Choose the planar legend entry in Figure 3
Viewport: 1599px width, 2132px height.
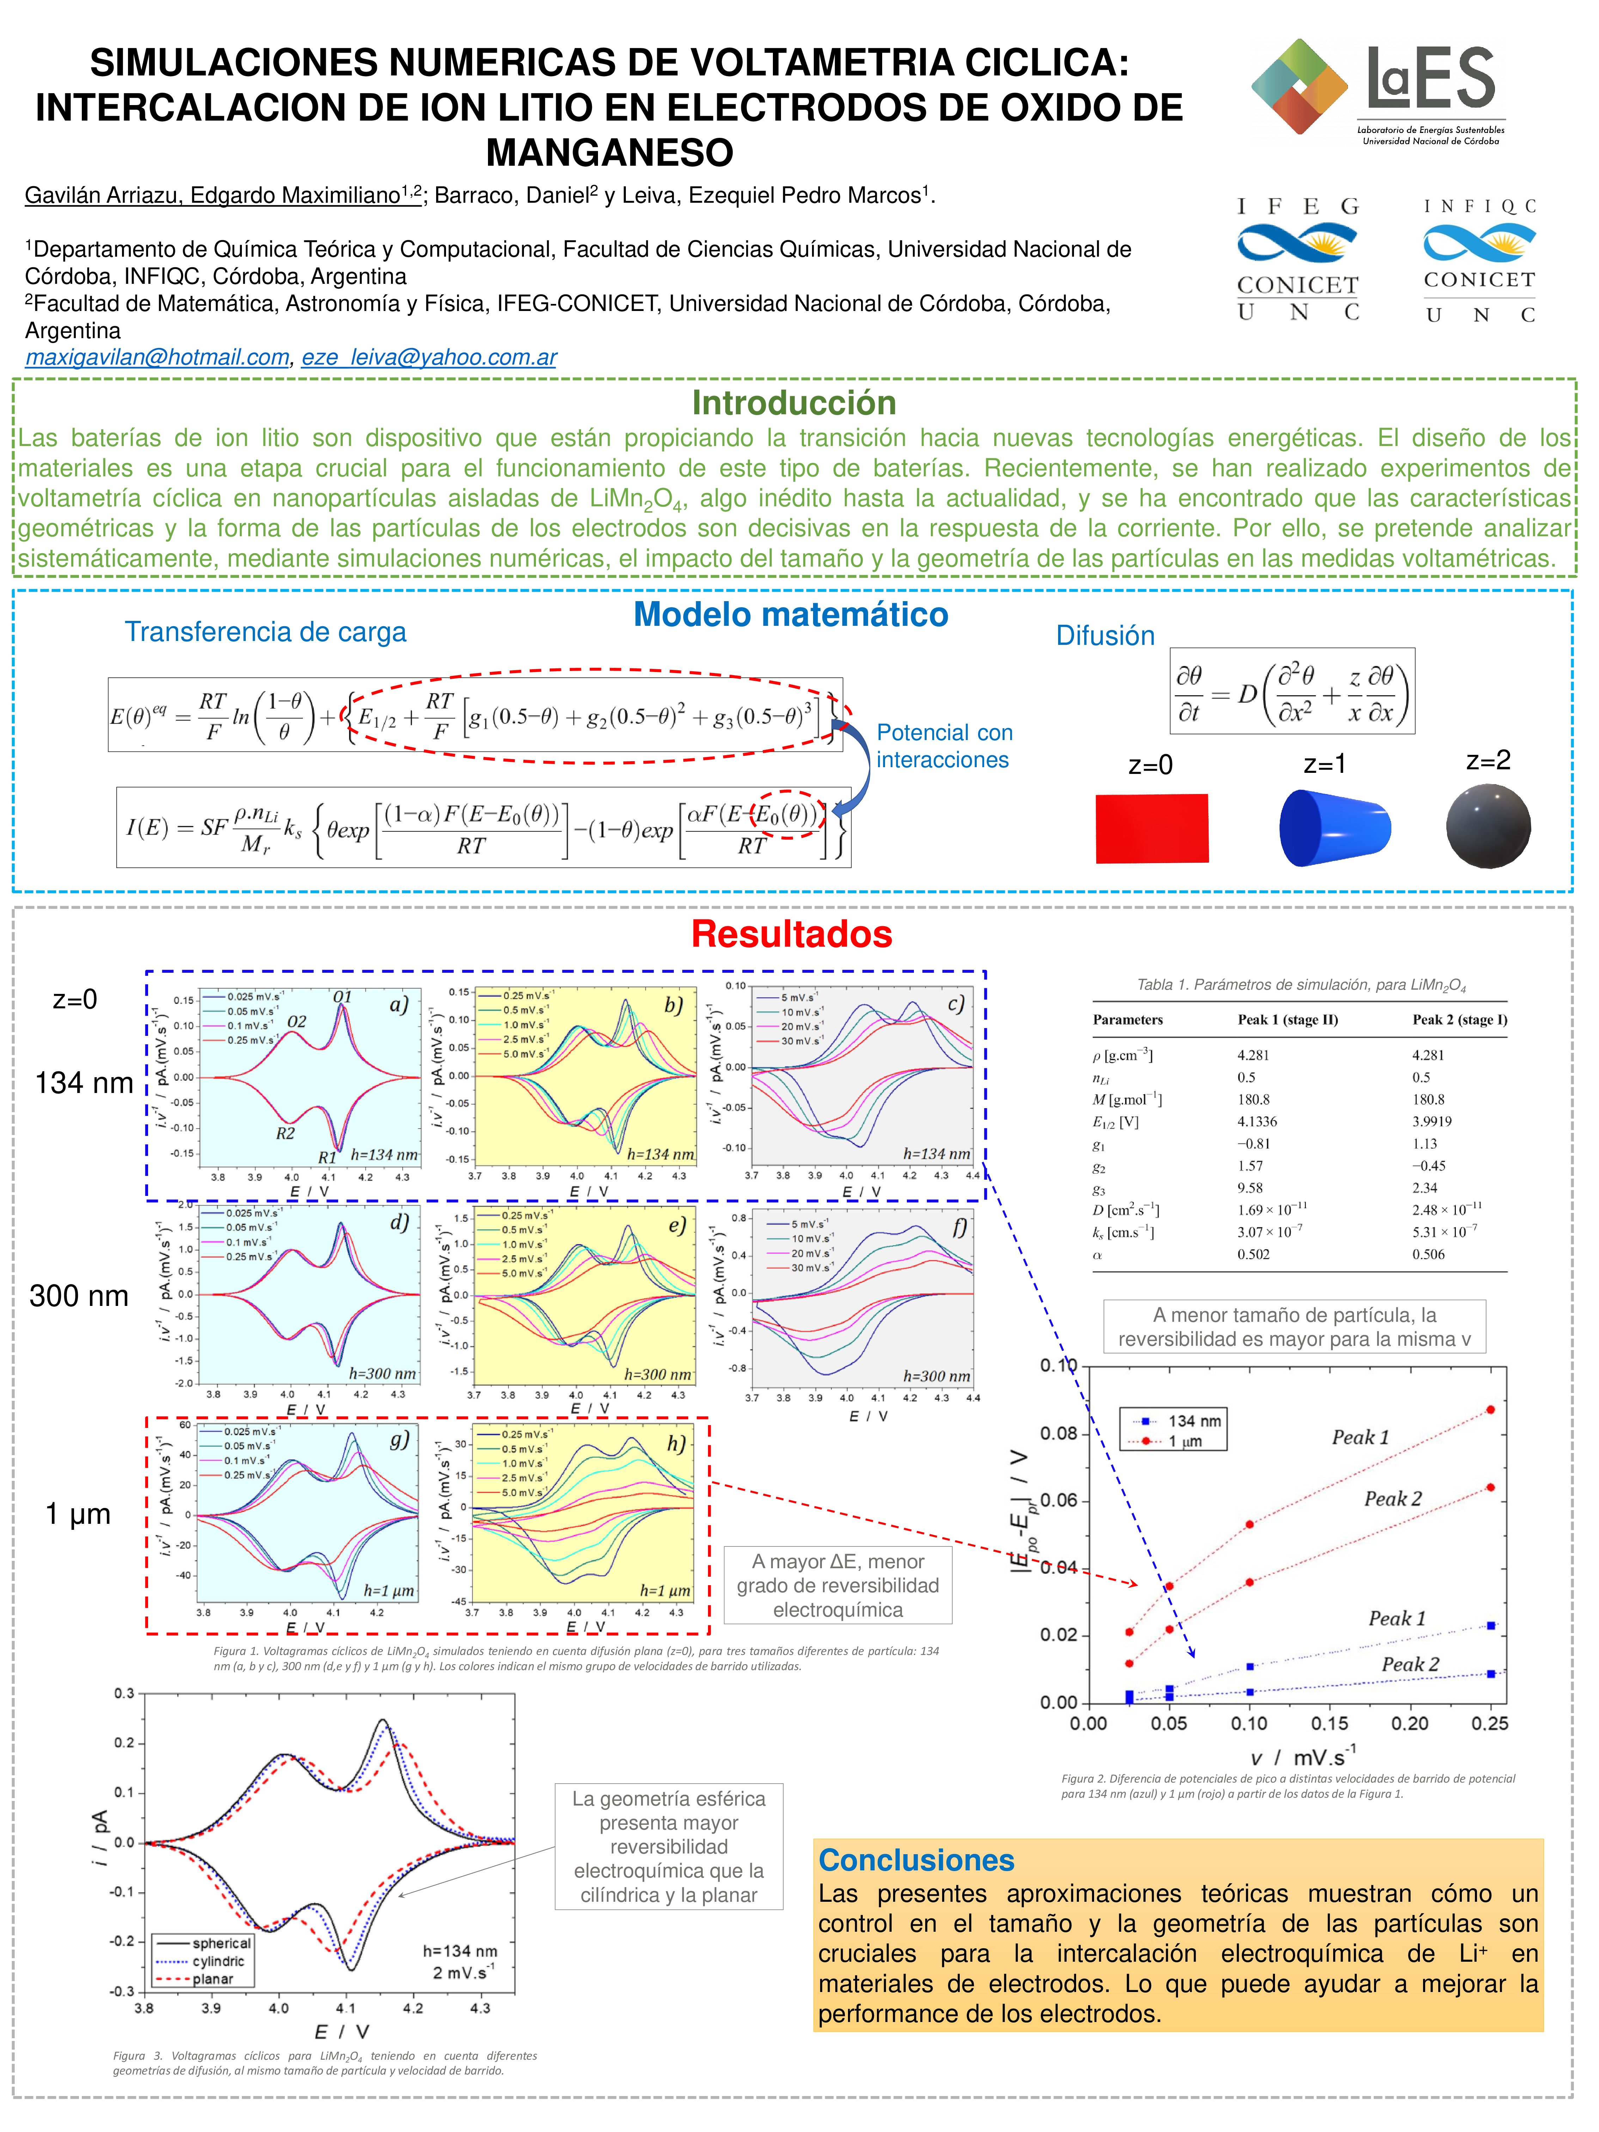pos(212,1979)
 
